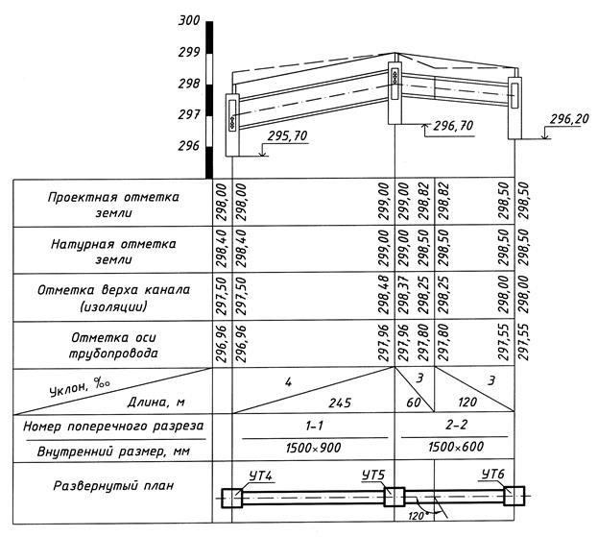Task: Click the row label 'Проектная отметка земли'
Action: [x=114, y=205]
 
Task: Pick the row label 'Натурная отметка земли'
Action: [x=114, y=252]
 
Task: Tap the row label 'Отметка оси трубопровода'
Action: [x=114, y=345]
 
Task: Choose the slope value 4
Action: [x=287, y=380]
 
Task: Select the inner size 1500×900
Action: [x=314, y=448]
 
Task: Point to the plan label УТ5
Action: [x=373, y=477]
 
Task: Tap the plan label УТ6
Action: [x=492, y=476]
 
